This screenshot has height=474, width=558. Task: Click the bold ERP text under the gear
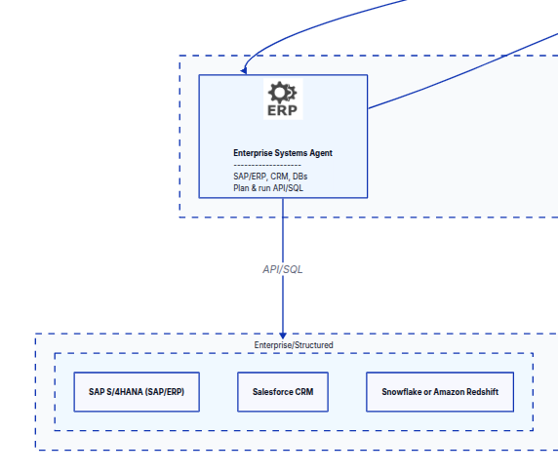pos(283,110)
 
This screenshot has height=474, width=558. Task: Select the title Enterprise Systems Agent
pos(283,153)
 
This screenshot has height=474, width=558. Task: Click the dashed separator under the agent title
pos(266,165)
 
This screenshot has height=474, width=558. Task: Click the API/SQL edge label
pos(283,269)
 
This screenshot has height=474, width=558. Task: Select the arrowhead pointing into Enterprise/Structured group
pos(283,334)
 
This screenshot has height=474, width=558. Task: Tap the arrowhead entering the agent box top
pos(245,70)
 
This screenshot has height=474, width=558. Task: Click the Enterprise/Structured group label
pos(294,345)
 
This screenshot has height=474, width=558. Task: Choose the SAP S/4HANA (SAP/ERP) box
pos(137,391)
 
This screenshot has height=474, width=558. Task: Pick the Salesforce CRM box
pos(283,391)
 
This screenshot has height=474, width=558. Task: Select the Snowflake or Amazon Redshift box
pos(438,391)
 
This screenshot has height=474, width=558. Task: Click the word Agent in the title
pos(321,153)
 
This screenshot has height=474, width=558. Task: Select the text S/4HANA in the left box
pos(126,391)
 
